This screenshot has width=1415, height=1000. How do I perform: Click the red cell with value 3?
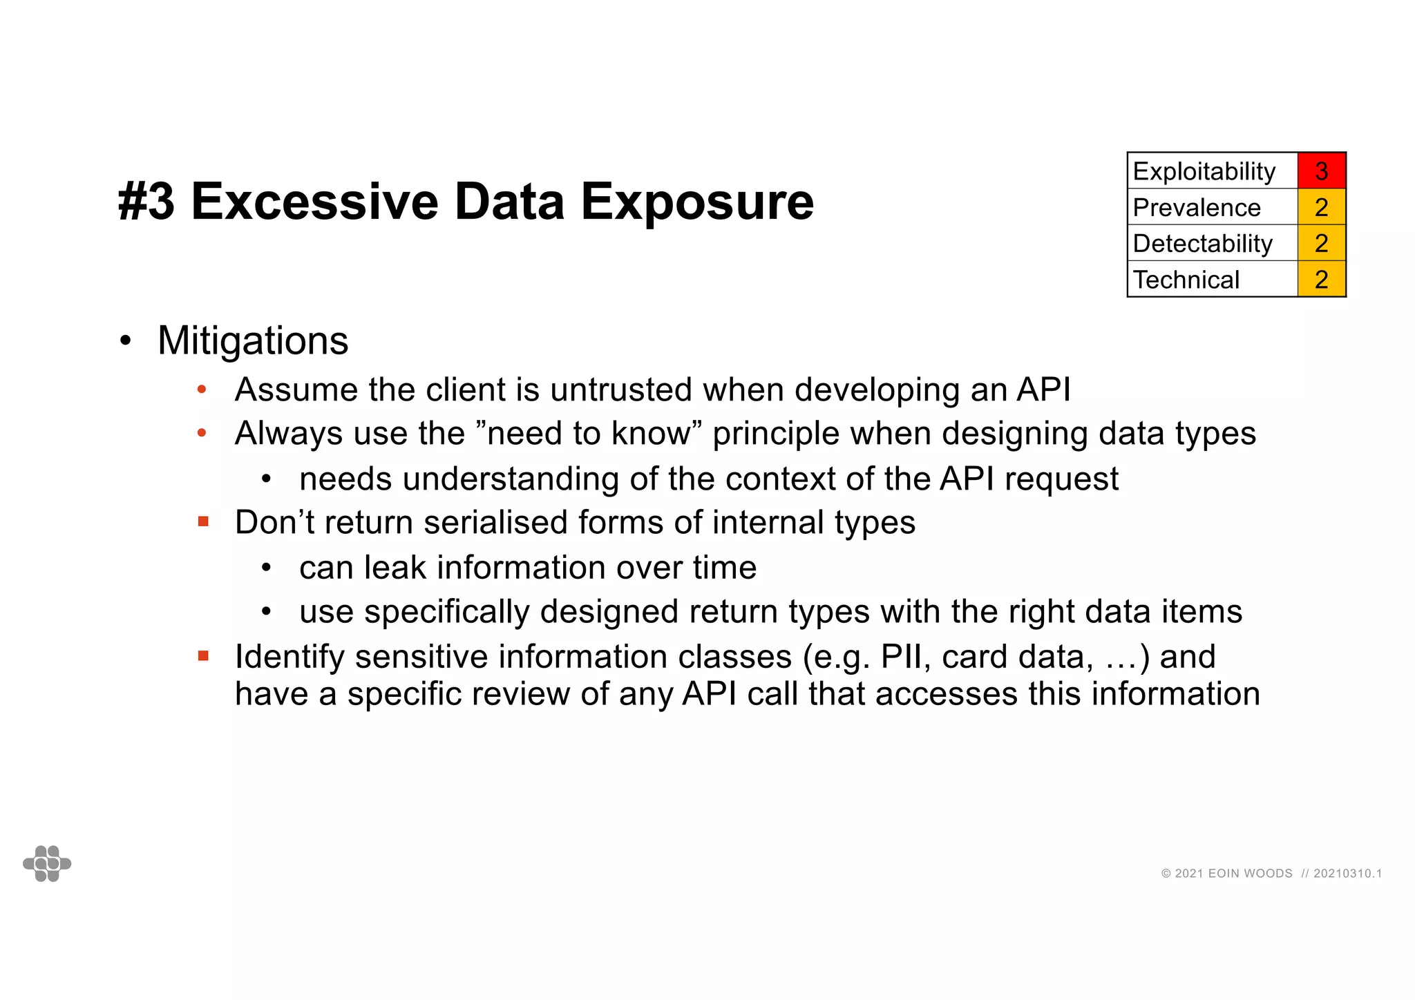(x=1321, y=171)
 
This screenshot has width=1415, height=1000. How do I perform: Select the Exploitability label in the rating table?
(x=1204, y=171)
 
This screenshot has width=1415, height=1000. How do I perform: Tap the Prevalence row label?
(x=1197, y=207)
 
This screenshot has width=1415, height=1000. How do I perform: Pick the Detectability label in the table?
(x=1202, y=243)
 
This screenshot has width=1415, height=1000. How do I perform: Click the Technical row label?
(x=1186, y=280)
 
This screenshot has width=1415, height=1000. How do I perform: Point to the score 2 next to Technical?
(x=1321, y=280)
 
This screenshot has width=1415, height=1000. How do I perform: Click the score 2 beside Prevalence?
(x=1321, y=207)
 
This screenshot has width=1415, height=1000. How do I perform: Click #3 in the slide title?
(x=146, y=202)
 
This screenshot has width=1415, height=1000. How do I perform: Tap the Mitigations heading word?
(x=253, y=340)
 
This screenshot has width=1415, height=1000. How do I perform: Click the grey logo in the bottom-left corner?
(x=47, y=863)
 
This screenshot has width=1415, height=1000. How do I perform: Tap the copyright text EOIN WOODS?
(x=1250, y=874)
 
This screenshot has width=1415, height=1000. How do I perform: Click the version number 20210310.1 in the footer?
(x=1347, y=874)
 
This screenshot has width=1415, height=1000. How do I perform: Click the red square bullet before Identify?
(x=203, y=656)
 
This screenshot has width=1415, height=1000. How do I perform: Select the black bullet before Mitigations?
(x=125, y=341)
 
